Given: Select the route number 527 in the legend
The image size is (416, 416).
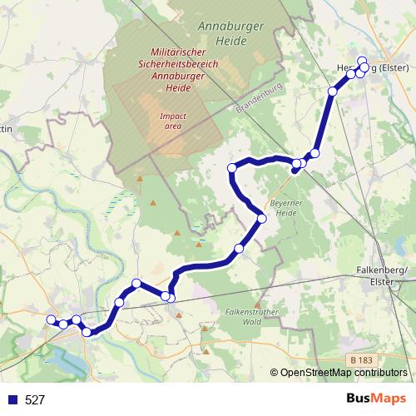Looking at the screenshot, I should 35,399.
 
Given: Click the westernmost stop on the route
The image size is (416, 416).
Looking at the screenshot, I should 51,319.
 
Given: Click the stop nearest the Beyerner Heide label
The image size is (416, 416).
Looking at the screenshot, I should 262,219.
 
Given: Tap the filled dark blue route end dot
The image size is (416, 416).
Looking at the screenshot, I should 295,171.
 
